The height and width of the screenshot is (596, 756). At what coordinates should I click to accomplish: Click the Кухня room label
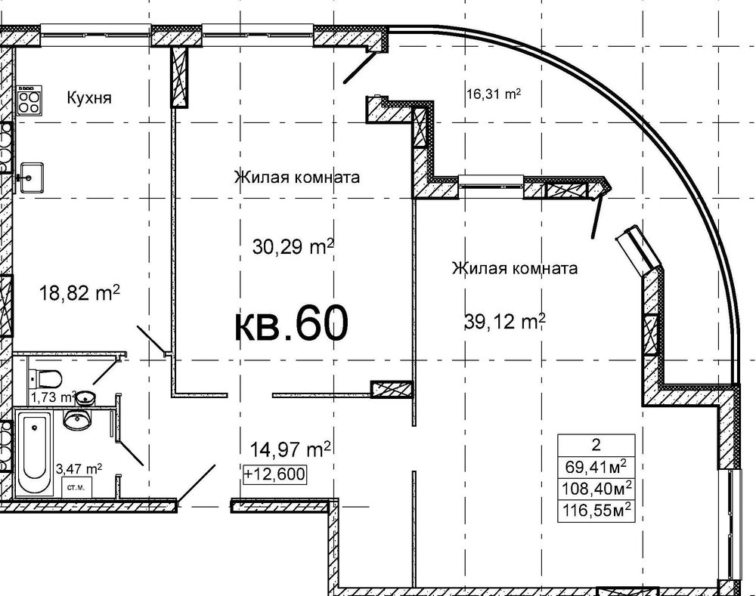(x=89, y=97)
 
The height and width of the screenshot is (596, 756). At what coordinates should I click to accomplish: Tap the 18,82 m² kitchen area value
(x=79, y=292)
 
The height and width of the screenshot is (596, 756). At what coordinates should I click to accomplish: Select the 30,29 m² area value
(x=293, y=247)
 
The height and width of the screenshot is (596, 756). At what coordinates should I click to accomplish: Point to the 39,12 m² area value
(x=505, y=320)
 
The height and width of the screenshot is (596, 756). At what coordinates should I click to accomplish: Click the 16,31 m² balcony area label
(x=494, y=94)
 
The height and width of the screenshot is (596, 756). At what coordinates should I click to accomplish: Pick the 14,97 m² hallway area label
(x=290, y=449)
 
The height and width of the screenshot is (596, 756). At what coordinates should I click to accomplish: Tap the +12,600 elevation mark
(x=275, y=474)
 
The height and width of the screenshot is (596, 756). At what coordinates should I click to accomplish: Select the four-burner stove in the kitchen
(x=29, y=100)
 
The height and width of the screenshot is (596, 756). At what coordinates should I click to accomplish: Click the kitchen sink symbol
(x=31, y=178)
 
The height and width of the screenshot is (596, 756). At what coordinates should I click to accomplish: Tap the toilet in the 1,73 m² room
(x=45, y=378)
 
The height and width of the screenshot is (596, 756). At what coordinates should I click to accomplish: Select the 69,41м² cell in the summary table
(x=596, y=467)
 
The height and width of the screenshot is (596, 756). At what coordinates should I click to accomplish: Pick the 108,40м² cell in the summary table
(x=596, y=489)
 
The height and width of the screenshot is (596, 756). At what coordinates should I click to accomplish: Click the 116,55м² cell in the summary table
(x=596, y=509)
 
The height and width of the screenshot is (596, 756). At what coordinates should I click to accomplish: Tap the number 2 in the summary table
(x=596, y=445)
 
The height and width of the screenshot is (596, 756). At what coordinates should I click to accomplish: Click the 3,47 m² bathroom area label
(x=79, y=468)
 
